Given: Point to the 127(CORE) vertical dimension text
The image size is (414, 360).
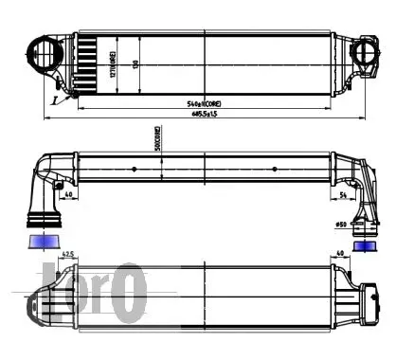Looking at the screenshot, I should [112, 57].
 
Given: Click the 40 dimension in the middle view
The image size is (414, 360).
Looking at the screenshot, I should [71, 196].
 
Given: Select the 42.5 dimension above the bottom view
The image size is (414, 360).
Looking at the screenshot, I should [68, 254].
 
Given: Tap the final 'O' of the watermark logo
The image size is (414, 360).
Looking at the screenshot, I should [131, 293].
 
